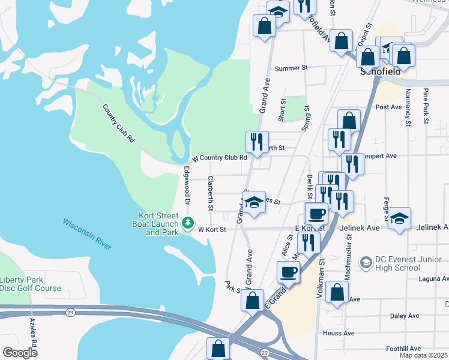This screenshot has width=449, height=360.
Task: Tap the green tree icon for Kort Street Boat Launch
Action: (188, 223)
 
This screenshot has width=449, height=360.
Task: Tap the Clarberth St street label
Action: (210, 193)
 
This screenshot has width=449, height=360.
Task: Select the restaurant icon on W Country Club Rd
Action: (256, 142)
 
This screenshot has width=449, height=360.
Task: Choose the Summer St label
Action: (291, 68)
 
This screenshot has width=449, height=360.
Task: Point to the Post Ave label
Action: (388, 107)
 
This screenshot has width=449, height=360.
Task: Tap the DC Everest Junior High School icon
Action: (365, 262)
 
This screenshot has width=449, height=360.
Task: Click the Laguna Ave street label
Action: (433, 278)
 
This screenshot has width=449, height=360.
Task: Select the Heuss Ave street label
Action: (339, 333)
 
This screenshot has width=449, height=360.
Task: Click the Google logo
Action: (20, 353)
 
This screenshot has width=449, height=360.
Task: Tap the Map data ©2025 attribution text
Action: (423, 355)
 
